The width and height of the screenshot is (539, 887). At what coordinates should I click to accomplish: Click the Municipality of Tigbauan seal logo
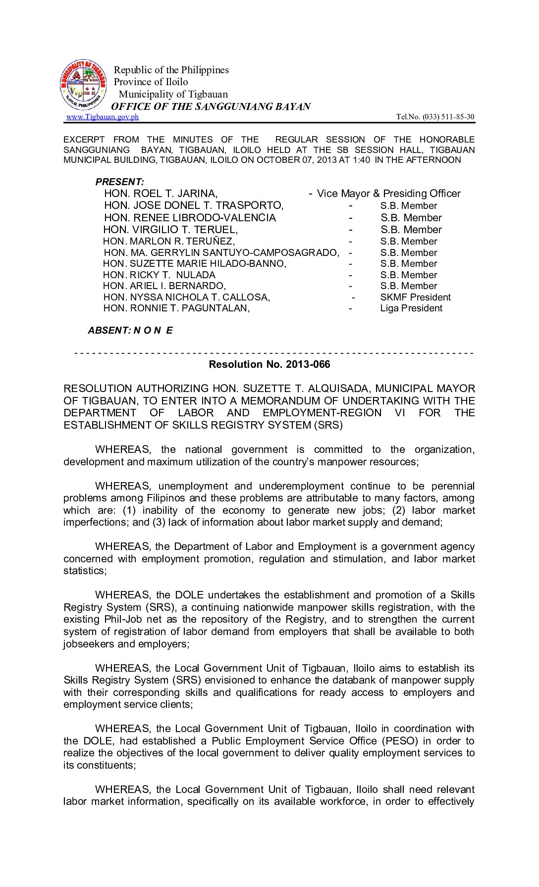pos(83,86)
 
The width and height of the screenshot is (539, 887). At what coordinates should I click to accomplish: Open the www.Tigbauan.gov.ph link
pos(103,117)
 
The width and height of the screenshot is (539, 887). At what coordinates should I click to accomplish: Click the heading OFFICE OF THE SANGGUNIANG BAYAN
pos(211,106)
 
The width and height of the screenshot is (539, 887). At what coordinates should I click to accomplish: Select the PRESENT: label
pos(119,182)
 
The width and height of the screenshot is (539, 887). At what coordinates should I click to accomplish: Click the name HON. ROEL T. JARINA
pos(161,194)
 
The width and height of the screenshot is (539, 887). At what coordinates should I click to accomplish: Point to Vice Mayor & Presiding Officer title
pos(388,194)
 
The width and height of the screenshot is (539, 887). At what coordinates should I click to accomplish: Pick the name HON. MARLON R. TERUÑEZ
pos(168,242)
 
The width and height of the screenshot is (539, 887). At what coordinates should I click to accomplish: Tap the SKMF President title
pos(415,297)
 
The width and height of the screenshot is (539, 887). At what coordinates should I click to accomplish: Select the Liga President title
pos(411,308)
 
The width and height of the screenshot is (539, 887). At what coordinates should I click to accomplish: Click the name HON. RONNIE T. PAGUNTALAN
pos(176,308)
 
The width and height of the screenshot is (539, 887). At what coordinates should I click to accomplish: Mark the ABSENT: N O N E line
pos(130,330)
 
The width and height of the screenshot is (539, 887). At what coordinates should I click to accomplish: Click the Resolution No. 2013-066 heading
pos(269,364)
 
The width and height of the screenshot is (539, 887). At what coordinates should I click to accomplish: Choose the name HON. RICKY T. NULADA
pos(159,275)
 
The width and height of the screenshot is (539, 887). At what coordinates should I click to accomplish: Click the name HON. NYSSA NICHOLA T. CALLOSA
pos(186,297)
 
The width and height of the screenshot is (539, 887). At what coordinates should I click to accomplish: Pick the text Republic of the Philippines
pos(171,70)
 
